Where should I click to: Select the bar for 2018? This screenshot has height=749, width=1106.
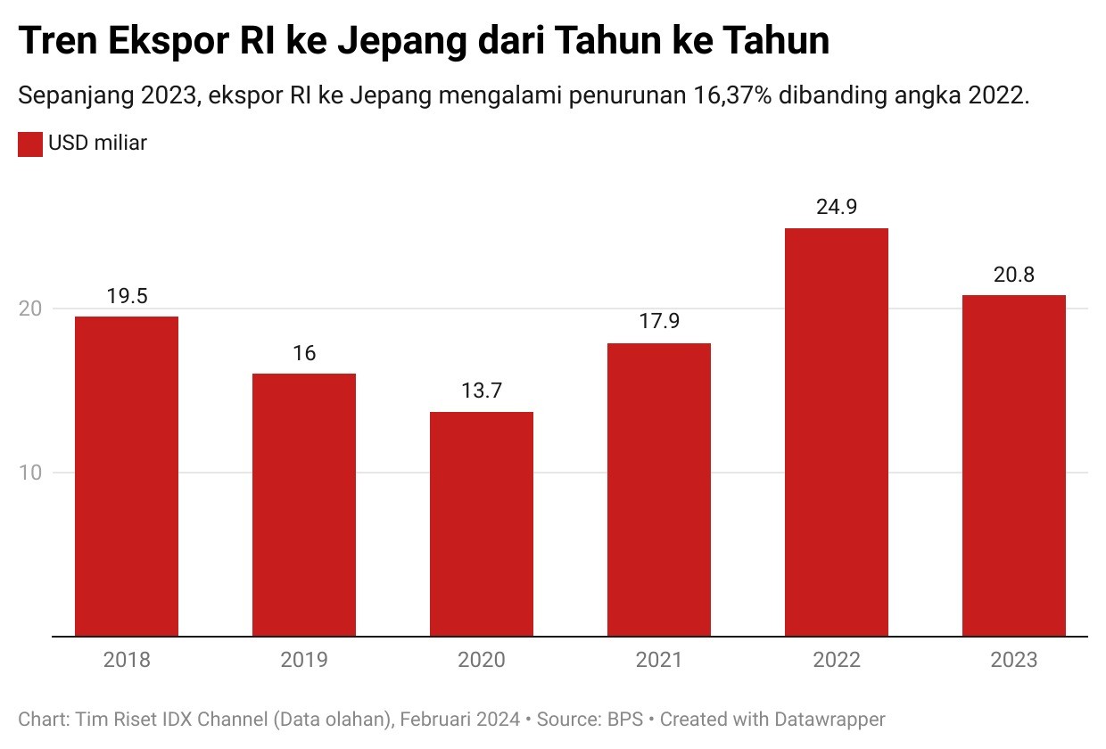127,476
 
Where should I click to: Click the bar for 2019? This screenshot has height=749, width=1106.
304,505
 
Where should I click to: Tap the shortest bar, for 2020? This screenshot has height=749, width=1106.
482,524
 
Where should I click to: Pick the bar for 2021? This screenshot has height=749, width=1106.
659,490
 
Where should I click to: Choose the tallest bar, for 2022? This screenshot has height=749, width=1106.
837,432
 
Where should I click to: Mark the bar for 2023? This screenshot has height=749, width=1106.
1014,465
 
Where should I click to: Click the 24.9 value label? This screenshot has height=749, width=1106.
837,208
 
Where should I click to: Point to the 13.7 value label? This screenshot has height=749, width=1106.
482,391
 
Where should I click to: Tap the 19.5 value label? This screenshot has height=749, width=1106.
127,296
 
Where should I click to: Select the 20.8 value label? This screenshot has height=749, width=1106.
1014,275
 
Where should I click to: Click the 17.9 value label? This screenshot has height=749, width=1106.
659,322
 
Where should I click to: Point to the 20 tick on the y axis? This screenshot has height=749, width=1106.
30,309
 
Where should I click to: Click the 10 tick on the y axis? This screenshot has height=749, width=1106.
30,473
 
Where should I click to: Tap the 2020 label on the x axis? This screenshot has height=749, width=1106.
482,661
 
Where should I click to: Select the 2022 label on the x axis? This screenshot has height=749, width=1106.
837,661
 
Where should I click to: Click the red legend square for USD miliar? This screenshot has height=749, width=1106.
30,144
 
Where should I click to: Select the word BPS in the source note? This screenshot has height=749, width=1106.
625,719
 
